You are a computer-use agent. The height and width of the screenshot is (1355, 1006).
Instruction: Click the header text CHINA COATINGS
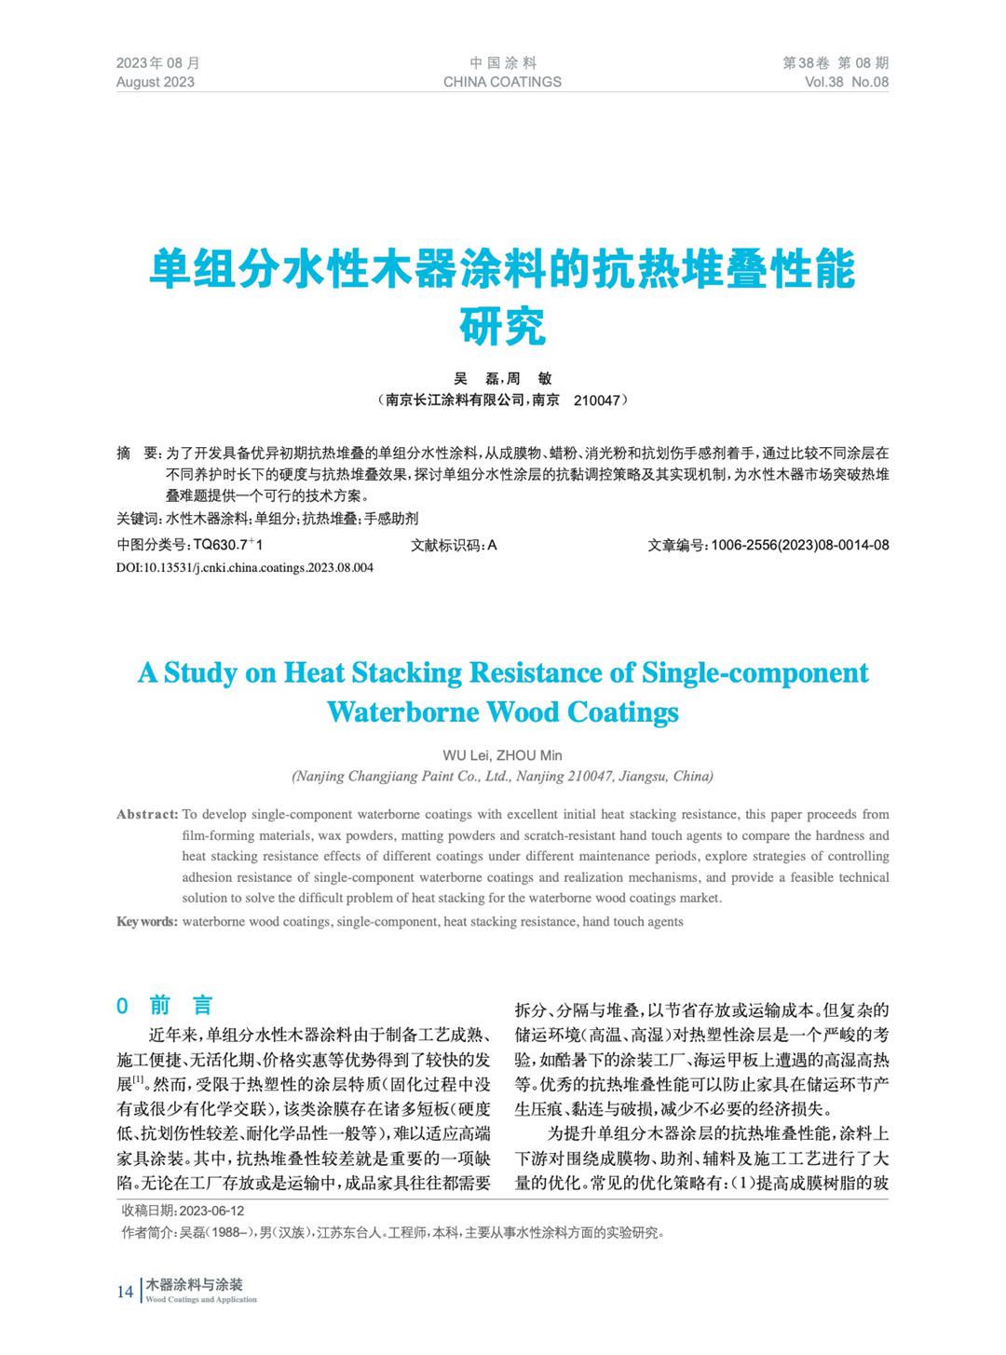click(502, 82)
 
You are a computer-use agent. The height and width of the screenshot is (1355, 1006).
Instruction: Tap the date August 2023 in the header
click(156, 82)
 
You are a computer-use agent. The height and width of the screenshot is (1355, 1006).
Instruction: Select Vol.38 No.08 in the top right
click(847, 82)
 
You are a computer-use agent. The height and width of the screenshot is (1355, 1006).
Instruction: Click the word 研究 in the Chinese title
click(503, 325)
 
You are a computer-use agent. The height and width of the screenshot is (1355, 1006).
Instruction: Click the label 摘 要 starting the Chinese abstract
click(138, 454)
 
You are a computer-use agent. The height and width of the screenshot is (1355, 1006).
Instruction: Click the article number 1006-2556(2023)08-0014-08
click(799, 545)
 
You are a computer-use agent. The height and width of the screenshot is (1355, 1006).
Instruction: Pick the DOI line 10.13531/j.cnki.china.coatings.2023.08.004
click(245, 567)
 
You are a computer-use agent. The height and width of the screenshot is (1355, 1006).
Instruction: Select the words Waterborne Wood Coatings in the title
click(503, 712)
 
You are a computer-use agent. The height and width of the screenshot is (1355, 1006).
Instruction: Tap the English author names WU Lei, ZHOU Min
click(503, 755)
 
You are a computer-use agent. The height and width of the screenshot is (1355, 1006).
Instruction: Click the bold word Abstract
click(147, 814)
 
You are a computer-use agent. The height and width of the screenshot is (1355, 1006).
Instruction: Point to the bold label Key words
click(146, 921)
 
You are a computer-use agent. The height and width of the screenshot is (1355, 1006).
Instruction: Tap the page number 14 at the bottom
click(125, 1291)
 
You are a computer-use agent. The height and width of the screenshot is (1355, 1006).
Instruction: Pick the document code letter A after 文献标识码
click(492, 545)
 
